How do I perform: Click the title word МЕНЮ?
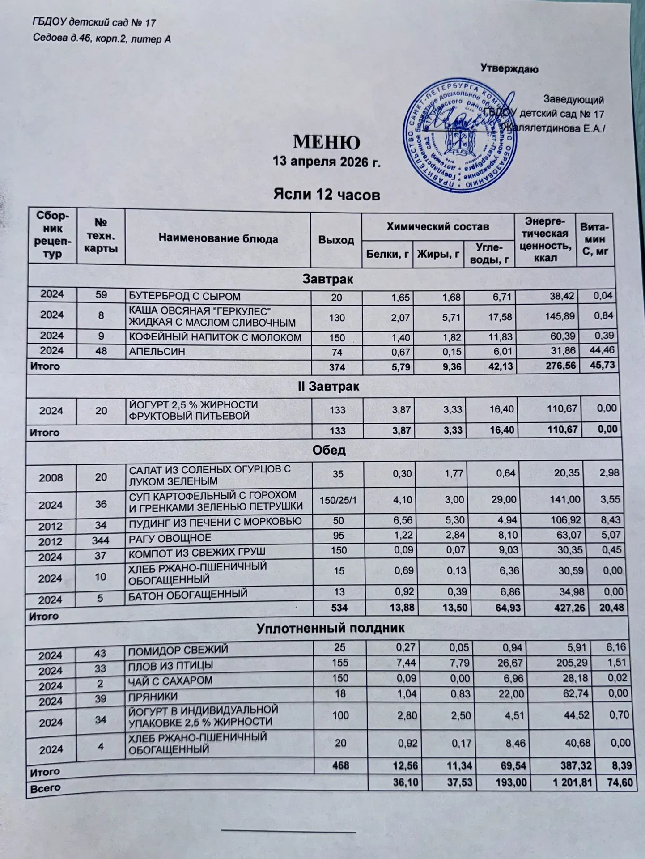point(327,143)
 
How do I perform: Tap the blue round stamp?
point(461,136)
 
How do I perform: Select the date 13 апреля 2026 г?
point(327,162)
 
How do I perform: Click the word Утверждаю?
point(509,69)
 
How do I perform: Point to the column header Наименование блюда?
point(218,239)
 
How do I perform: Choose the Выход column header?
point(336,240)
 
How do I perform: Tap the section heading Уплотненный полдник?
point(331,628)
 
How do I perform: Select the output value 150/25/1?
point(338,499)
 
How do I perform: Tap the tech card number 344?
point(101,540)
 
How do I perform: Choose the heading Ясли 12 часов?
point(327,195)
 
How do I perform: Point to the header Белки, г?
point(387,255)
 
